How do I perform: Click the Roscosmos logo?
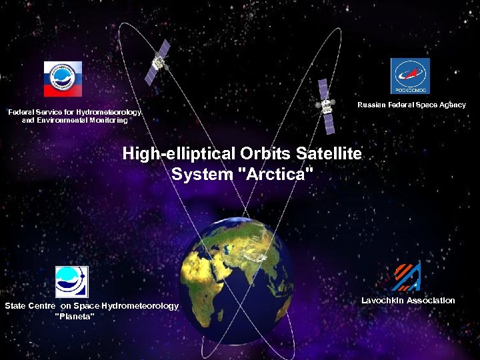pyautogui.click(x=410, y=76)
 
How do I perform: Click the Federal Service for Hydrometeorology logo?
pyautogui.click(x=63, y=79)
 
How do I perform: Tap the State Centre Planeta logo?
pyautogui.click(x=71, y=281)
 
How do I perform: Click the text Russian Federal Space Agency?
pyautogui.click(x=411, y=105)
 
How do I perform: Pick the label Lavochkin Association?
pyautogui.click(x=408, y=301)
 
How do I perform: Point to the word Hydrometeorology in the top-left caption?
pyautogui.click(x=109, y=112)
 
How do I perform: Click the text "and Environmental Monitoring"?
pyautogui.click(x=75, y=121)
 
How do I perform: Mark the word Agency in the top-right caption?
pyautogui.click(x=451, y=105)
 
